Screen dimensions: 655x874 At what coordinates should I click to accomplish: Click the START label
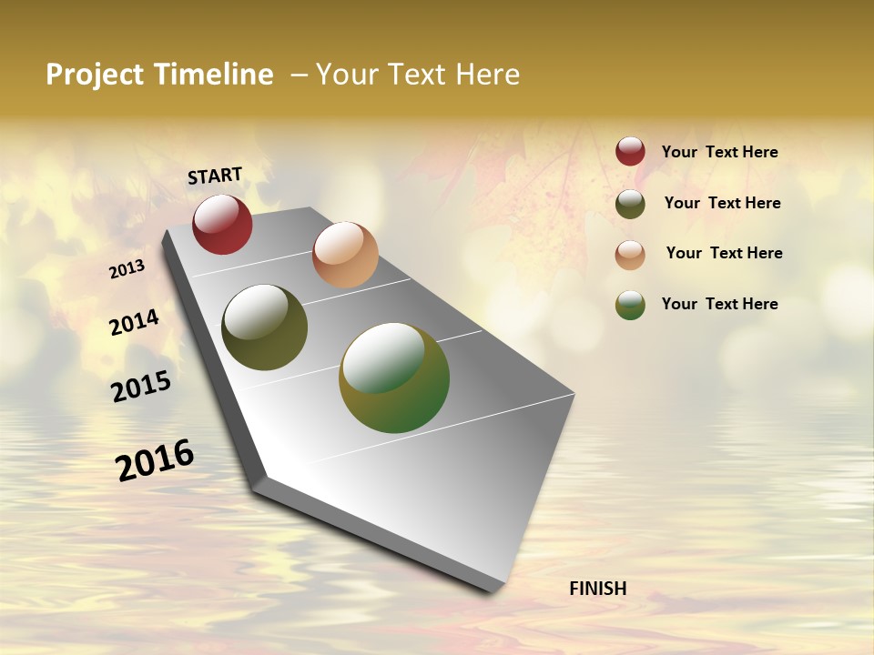215,176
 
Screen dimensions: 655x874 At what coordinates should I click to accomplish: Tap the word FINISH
598,589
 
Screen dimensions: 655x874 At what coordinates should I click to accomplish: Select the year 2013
127,269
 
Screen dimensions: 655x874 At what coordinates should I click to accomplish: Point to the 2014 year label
134,322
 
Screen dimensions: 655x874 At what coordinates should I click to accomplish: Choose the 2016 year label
155,459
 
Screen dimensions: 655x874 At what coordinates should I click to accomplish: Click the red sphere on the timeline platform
222,225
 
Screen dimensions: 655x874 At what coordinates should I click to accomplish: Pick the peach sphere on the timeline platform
345,255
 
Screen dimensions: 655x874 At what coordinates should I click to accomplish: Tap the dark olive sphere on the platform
264,327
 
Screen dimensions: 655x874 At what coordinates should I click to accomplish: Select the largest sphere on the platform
394,378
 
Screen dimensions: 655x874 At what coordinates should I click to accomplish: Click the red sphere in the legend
630,152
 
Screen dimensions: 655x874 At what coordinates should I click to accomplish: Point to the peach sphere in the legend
630,255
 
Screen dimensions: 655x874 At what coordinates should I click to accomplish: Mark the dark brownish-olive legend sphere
630,204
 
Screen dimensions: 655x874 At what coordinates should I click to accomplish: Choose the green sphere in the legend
630,305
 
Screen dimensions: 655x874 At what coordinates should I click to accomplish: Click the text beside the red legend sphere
720,153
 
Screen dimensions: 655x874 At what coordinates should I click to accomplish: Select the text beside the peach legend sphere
725,253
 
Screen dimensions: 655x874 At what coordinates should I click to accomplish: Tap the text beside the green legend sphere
720,304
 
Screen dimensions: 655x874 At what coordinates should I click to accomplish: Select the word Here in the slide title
485,75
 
